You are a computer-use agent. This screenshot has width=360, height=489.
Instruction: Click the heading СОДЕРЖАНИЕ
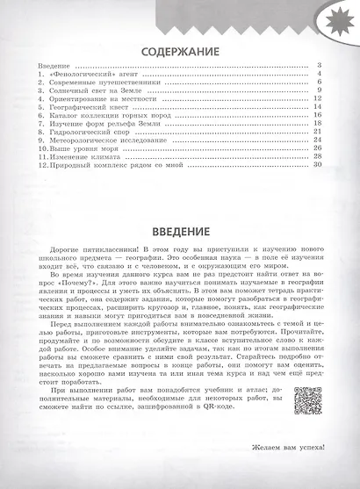(180, 49)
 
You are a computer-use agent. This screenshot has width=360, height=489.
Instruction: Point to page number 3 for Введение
(323, 66)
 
